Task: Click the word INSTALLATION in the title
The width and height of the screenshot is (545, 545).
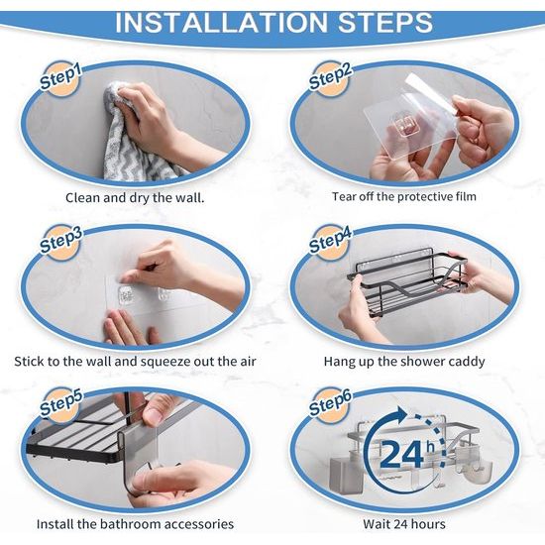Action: (x=221, y=23)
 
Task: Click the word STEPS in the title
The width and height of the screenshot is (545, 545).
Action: (x=385, y=23)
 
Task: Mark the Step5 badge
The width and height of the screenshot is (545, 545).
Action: (x=60, y=404)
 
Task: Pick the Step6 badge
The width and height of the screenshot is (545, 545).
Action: (x=330, y=404)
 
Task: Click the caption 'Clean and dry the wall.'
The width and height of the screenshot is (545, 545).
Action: (x=135, y=198)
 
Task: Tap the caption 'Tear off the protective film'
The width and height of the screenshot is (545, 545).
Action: (x=404, y=197)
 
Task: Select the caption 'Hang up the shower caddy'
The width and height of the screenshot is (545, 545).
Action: (x=404, y=362)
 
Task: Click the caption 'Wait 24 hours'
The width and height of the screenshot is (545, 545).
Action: (x=404, y=524)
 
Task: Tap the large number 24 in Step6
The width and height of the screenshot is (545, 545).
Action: (x=401, y=454)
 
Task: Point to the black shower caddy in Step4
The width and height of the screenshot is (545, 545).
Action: (x=406, y=281)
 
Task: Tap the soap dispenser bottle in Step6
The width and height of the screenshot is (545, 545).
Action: (x=344, y=469)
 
